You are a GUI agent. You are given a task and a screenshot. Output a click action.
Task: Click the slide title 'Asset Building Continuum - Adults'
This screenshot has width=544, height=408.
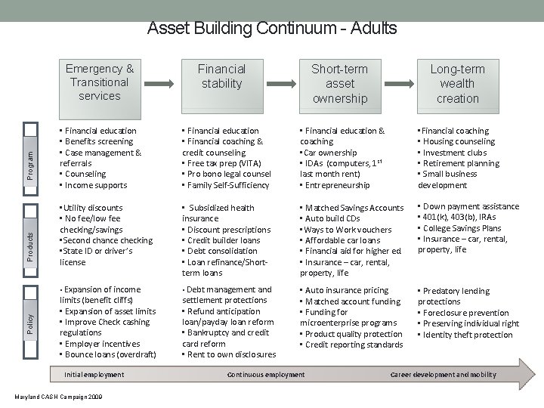(x=272, y=29)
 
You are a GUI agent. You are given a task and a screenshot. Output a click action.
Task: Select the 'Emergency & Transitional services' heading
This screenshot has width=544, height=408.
(x=100, y=82)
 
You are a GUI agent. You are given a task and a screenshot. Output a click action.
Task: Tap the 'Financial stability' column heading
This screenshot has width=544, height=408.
(x=221, y=76)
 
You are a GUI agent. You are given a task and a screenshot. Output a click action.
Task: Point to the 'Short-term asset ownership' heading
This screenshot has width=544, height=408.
(x=339, y=83)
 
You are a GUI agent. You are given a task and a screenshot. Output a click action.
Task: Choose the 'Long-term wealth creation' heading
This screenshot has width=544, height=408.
(x=457, y=83)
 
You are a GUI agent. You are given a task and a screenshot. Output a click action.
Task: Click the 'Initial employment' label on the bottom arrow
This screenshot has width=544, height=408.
(x=94, y=375)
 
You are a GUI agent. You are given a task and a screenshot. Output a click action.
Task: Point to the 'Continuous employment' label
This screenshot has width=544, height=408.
(x=266, y=375)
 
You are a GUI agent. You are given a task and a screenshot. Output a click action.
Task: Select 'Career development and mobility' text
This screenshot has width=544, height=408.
(x=444, y=375)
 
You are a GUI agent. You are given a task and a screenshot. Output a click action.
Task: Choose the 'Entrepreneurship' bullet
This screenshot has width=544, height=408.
(x=338, y=185)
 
